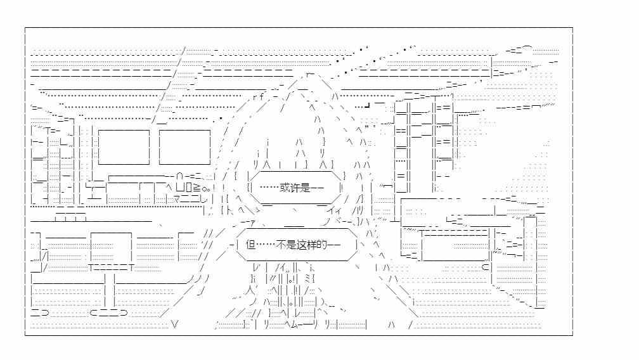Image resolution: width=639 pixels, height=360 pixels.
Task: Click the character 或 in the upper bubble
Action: point(285,188)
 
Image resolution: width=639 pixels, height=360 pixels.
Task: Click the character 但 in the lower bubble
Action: point(250,245)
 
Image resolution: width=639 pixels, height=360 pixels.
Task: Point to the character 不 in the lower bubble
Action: point(281,245)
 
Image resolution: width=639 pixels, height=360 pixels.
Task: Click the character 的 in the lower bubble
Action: point(322,245)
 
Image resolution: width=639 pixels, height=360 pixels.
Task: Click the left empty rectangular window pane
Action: point(124,147)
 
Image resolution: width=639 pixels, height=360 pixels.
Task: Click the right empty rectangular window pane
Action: point(184,147)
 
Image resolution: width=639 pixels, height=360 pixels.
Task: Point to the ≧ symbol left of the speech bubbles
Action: point(197,188)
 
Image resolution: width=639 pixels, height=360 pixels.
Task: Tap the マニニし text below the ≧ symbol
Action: point(190,199)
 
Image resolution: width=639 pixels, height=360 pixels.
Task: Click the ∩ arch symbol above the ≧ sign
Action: point(180,177)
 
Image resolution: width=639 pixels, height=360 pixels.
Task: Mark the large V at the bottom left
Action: point(174,325)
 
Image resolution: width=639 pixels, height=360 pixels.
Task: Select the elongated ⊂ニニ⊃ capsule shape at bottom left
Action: point(108,312)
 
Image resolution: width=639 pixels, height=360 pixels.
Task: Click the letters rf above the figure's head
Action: point(259,97)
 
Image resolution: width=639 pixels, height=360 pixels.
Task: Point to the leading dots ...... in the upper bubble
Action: point(268,188)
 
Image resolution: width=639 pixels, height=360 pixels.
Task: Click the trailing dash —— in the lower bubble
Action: point(333,245)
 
